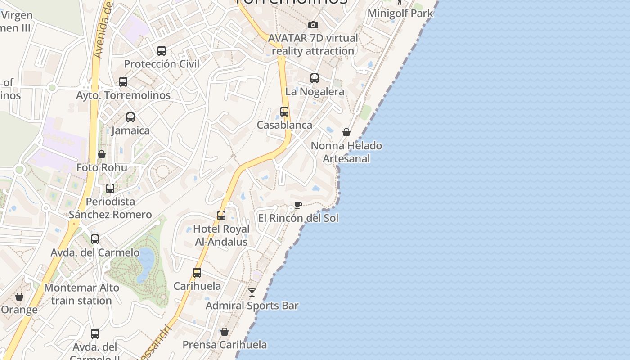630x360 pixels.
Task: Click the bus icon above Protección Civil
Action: [x=162, y=51]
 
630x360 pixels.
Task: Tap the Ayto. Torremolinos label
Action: [x=123, y=95]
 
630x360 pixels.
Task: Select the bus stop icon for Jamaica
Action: [x=130, y=117]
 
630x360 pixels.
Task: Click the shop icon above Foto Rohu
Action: [x=102, y=154]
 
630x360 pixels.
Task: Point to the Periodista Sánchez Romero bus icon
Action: [x=110, y=189]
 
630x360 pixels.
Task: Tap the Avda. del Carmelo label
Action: [x=95, y=252]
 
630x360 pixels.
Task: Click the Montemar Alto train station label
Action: [x=81, y=294]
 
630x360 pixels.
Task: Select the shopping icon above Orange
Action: [x=19, y=297]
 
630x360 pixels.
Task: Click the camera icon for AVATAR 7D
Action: [x=313, y=25]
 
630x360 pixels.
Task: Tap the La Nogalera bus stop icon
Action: [x=315, y=78]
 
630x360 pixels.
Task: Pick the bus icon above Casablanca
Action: [x=284, y=112]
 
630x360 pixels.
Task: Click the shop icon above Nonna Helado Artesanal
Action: [x=346, y=132]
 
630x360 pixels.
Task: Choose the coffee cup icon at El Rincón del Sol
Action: [x=298, y=205]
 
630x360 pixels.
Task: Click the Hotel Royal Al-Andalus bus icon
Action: [x=221, y=216]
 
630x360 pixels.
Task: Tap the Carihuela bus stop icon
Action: [x=197, y=273]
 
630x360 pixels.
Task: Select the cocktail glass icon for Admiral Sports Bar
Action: [x=252, y=292]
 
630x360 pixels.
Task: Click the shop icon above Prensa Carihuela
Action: [x=225, y=332]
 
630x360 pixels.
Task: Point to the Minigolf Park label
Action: [x=400, y=13]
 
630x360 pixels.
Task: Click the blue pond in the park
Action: [x=145, y=263]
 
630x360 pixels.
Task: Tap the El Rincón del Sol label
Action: [x=298, y=218]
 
